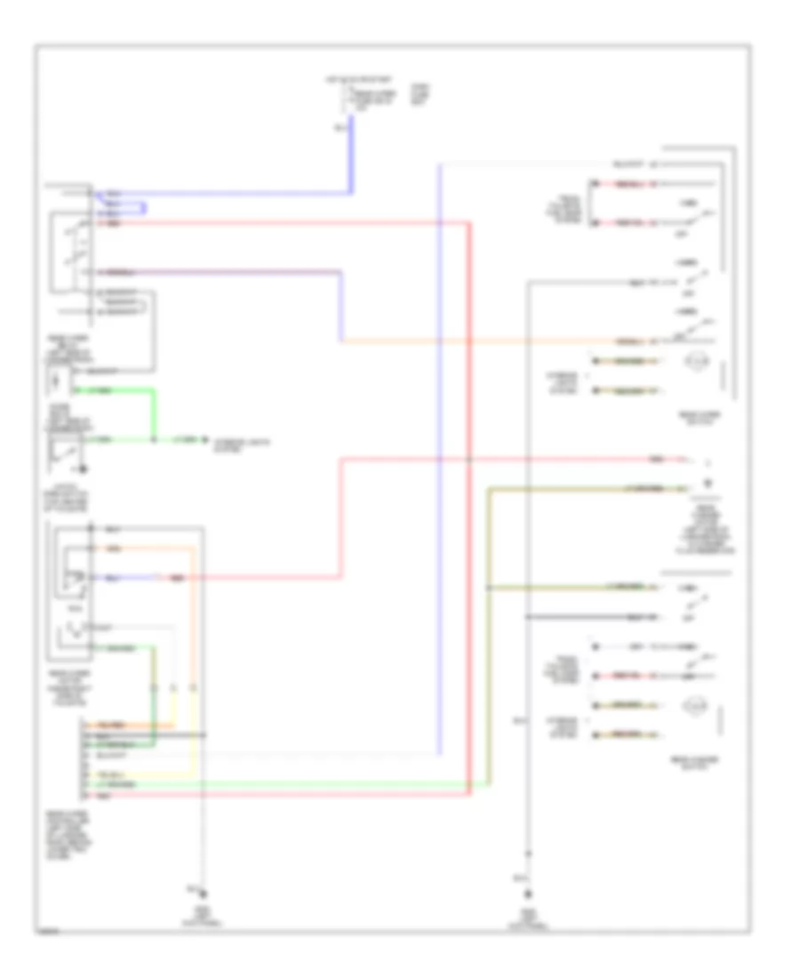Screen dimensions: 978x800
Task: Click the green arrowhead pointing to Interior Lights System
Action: tap(203, 440)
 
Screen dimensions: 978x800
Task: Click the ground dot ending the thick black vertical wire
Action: tap(528, 894)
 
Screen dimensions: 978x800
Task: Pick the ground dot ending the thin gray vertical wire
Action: tap(204, 894)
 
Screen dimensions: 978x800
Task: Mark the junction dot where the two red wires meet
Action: tap(469, 460)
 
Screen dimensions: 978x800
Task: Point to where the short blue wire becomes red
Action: tap(160, 578)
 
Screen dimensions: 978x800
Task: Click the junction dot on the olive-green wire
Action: tap(487, 589)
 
